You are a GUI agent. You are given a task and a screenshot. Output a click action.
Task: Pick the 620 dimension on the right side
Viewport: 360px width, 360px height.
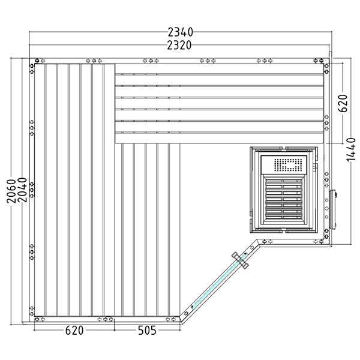tap(343, 103)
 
